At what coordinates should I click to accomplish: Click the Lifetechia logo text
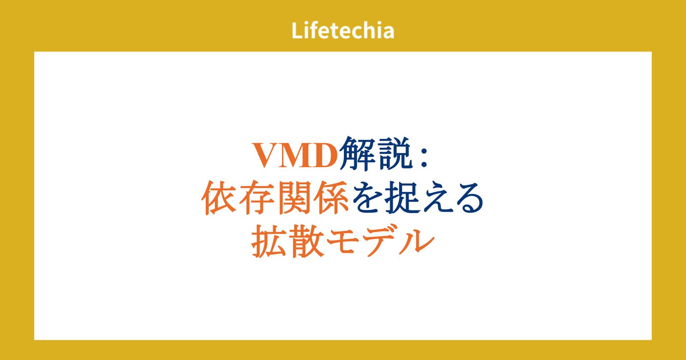[343, 30]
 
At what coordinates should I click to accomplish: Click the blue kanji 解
[357, 154]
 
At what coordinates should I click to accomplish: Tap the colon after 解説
[424, 156]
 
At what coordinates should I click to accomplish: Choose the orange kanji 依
[219, 198]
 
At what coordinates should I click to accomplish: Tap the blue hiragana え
[437, 198]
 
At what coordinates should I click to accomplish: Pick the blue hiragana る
[469, 198]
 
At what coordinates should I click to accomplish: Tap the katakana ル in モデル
[416, 242]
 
